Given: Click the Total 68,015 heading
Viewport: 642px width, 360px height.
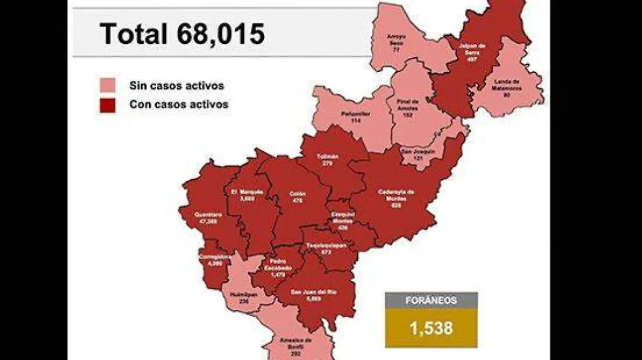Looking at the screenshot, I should tap(182, 33).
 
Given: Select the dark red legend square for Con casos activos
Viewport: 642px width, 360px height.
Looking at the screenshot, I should tap(108, 105).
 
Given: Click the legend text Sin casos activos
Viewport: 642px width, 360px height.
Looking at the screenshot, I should tap(177, 86).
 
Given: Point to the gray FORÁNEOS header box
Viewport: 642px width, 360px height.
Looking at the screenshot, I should tap(431, 300).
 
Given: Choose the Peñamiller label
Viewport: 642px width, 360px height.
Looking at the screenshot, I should tap(354, 116).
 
